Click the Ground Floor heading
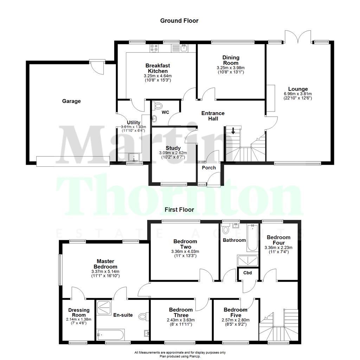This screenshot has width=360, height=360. pyautogui.click(x=179, y=21)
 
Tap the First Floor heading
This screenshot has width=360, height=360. pyautogui.click(x=179, y=210)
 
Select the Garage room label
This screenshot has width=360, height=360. pyautogui.click(x=71, y=101)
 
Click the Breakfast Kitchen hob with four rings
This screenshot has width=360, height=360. pyautogui.click(x=154, y=48)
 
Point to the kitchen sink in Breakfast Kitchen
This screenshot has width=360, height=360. pyautogui.click(x=184, y=48)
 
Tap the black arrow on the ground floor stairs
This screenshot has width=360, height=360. pyautogui.click(x=233, y=131)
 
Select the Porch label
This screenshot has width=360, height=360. pyautogui.click(x=209, y=168)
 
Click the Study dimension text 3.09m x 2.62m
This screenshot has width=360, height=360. pyautogui.click(x=173, y=153)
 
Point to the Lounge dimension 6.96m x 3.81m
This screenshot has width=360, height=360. pyautogui.click(x=298, y=94)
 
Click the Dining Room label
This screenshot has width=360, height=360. pyautogui.click(x=231, y=60)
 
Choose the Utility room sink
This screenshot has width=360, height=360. pyautogui.click(x=134, y=156)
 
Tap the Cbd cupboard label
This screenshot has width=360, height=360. pyautogui.click(x=247, y=272)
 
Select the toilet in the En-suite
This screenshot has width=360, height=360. pyautogui.click(x=143, y=316)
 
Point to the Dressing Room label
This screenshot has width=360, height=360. pyautogui.click(x=79, y=313)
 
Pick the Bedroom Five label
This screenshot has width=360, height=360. pyautogui.click(x=236, y=313)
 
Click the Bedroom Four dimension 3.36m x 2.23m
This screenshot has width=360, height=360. pyautogui.click(x=278, y=247)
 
